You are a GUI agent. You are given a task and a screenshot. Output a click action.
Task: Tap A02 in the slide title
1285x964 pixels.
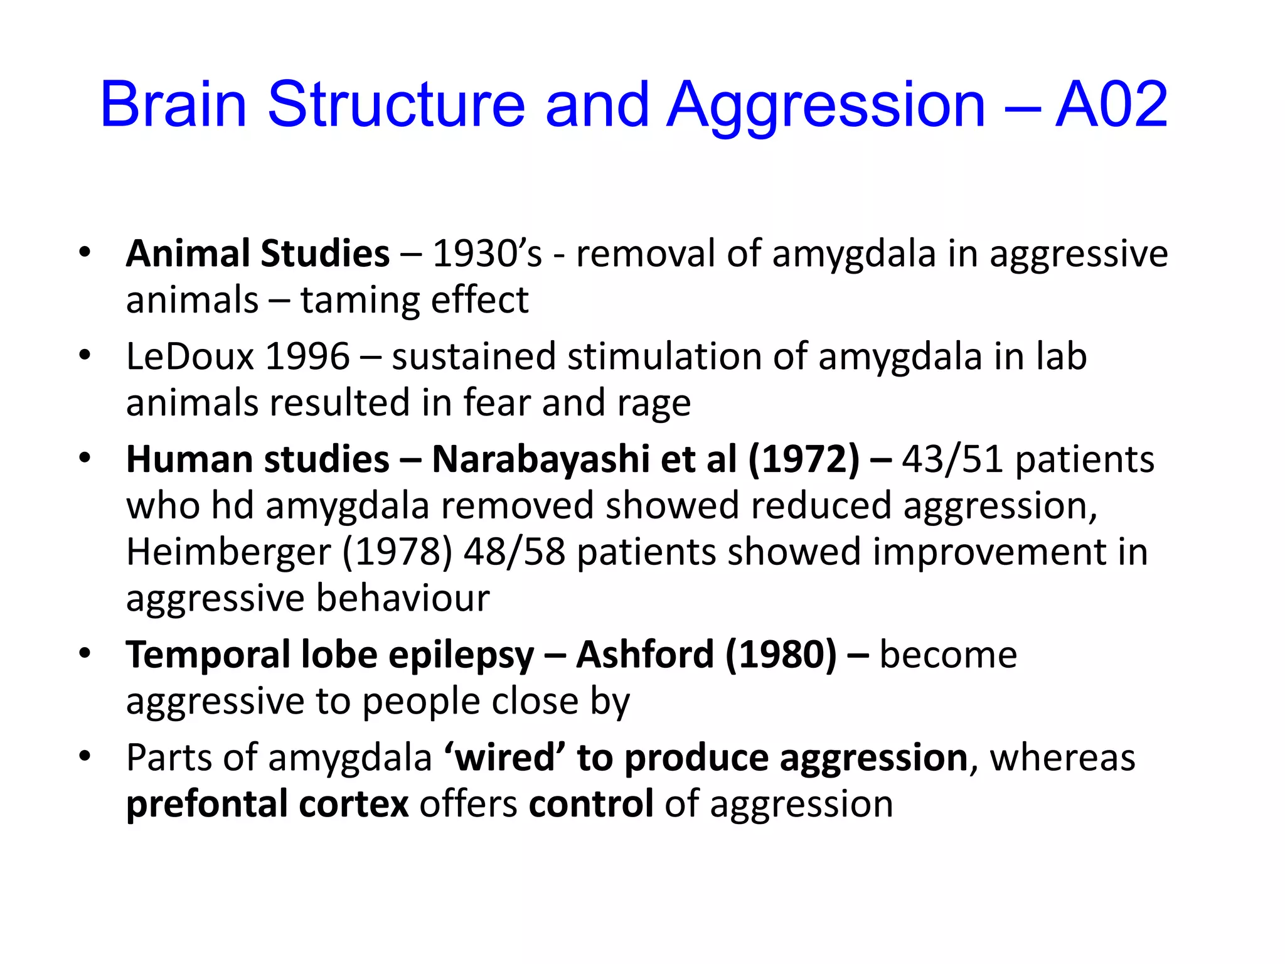point(1111,104)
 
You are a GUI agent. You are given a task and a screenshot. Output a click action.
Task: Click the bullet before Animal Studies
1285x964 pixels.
point(85,253)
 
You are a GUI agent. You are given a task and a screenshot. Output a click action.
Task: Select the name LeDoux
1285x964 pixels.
point(189,356)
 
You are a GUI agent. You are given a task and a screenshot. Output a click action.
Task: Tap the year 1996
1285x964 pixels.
point(307,356)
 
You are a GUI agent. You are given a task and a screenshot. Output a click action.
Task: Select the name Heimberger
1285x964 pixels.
point(228,552)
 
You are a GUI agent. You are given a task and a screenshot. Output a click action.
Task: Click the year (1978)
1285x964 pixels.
point(397,552)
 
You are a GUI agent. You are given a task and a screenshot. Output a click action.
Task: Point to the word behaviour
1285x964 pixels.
point(403,598)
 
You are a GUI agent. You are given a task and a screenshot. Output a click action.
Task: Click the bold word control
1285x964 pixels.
point(591,805)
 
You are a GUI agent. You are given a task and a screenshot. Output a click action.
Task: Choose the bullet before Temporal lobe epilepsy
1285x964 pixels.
point(85,654)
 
